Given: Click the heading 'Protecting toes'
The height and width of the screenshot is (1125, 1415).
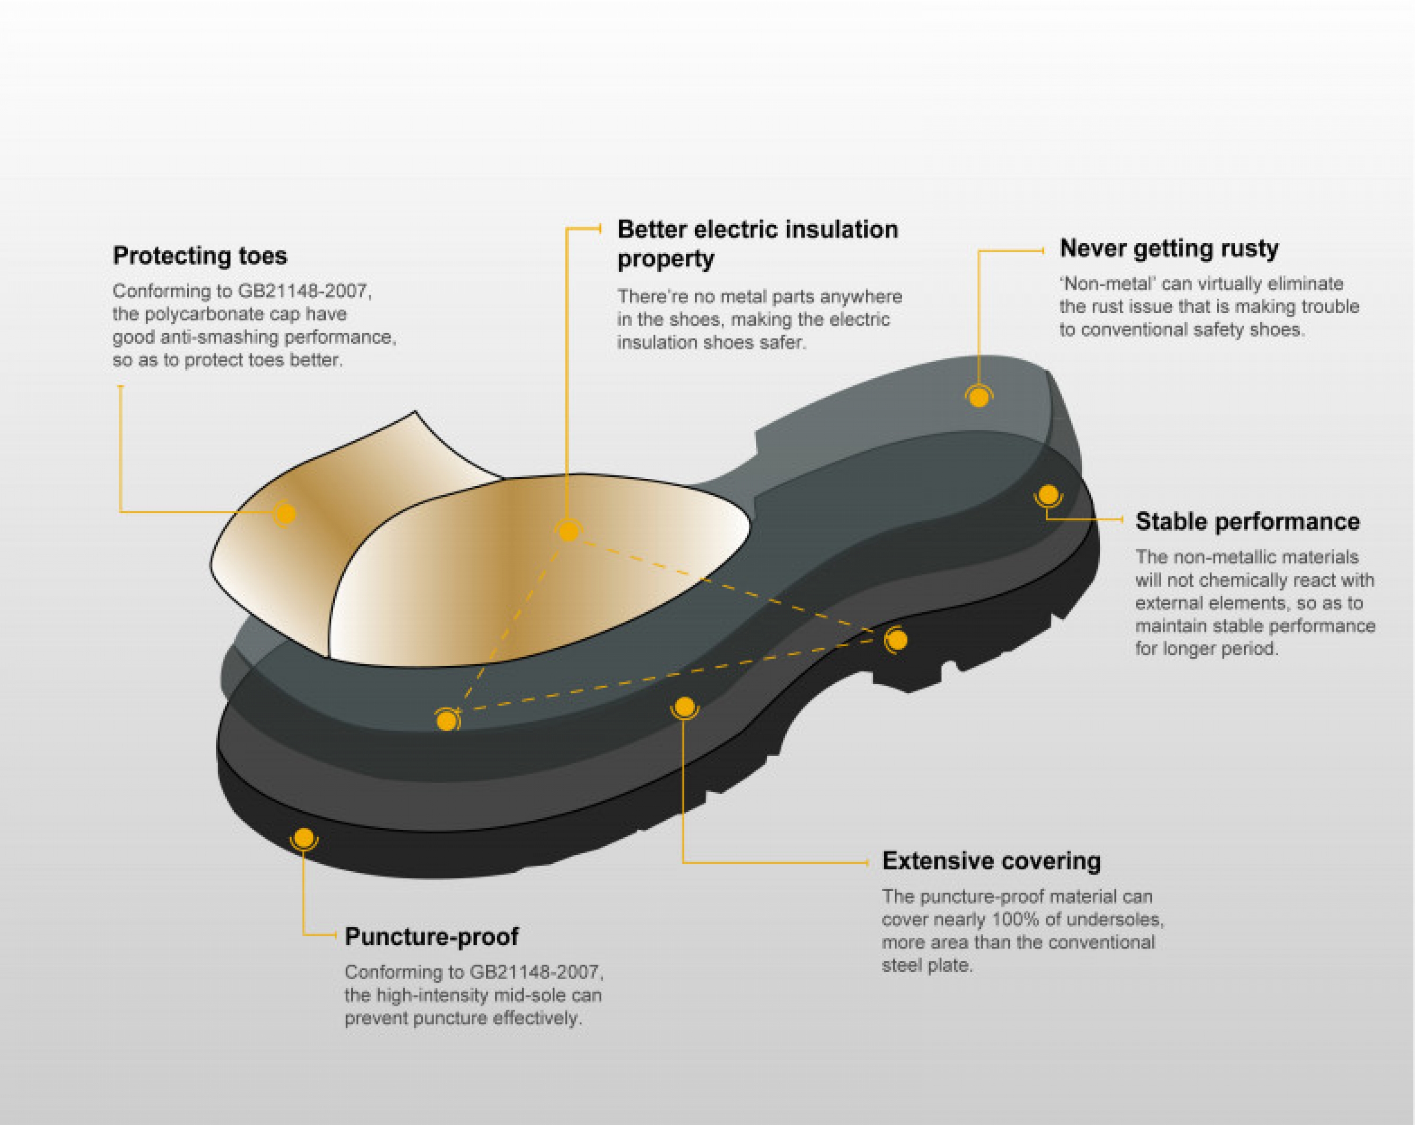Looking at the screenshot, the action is [200, 255].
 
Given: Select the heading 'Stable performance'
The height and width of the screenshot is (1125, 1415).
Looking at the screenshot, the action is [1247, 522].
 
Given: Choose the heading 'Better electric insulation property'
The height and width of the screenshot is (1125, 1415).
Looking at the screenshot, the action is [757, 243].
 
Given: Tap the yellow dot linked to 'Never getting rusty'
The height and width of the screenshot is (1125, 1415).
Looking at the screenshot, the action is [979, 398].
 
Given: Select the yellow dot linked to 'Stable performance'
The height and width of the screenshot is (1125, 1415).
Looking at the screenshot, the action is [1048, 494].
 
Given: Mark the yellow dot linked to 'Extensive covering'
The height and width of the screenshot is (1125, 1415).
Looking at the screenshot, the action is [684, 707].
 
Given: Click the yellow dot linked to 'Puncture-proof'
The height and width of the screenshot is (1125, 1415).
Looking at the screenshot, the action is [304, 838].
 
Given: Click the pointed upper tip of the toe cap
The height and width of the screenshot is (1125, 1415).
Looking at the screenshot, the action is [415, 411].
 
